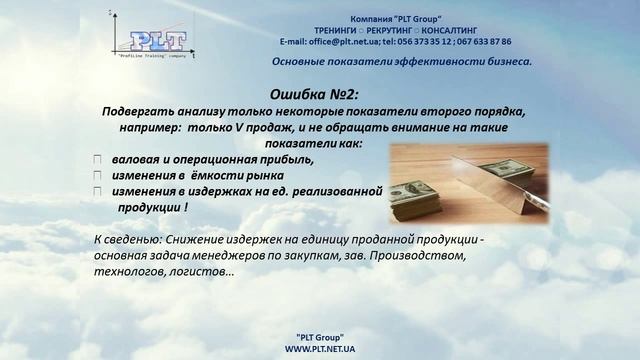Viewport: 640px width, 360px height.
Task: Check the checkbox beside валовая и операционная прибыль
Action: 97,160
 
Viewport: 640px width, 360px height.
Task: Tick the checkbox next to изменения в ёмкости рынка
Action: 97,175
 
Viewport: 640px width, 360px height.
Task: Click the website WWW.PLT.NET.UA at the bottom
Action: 320,349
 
